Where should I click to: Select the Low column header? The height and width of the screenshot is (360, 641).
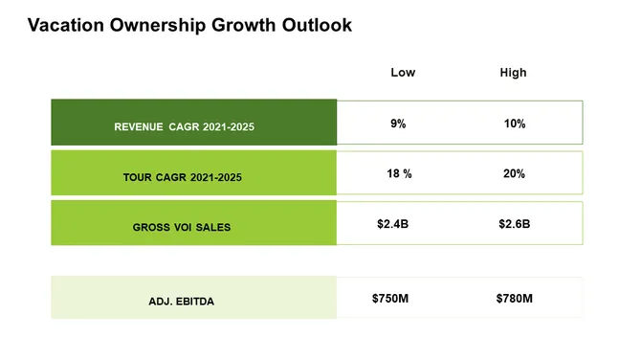pyautogui.click(x=403, y=73)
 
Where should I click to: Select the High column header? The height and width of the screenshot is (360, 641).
pyautogui.click(x=513, y=73)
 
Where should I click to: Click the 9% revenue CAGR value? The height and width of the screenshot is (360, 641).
pyautogui.click(x=398, y=124)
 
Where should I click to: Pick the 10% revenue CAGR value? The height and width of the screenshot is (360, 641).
pyautogui.click(x=514, y=124)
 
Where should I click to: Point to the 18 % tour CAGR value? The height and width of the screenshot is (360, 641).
pyautogui.click(x=399, y=174)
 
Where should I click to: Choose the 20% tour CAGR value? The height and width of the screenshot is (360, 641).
pyautogui.click(x=514, y=174)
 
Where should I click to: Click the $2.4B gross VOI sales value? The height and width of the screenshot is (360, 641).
pyautogui.click(x=392, y=224)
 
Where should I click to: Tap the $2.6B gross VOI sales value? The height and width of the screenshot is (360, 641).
pyautogui.click(x=514, y=224)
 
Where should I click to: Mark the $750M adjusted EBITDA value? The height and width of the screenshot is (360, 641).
pyautogui.click(x=390, y=299)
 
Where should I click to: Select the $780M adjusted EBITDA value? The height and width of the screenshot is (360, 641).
pyautogui.click(x=514, y=299)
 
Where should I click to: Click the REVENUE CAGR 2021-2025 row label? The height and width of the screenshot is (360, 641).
pyautogui.click(x=185, y=126)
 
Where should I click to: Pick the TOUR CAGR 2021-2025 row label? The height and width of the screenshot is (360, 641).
pyautogui.click(x=183, y=177)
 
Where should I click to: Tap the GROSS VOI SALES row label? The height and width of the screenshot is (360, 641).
pyautogui.click(x=182, y=228)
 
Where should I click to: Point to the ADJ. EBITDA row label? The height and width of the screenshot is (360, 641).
pyautogui.click(x=182, y=302)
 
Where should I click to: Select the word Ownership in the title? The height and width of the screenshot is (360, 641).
pyautogui.click(x=153, y=26)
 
